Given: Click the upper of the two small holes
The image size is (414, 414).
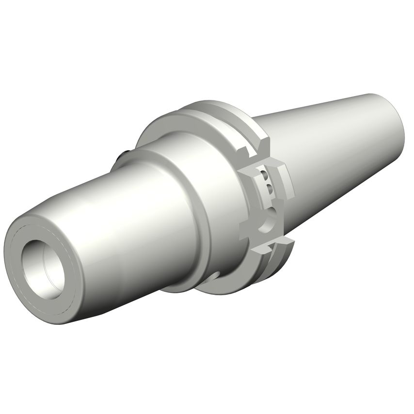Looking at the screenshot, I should click(x=264, y=175).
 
